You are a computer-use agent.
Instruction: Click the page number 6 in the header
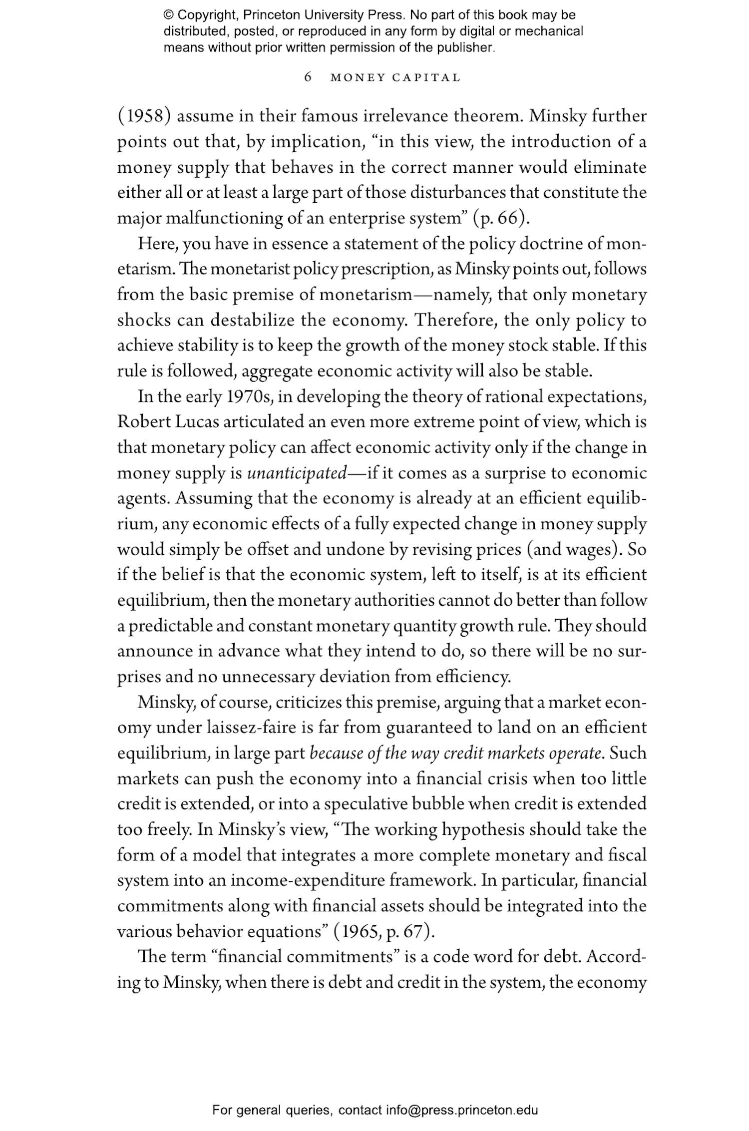(x=308, y=77)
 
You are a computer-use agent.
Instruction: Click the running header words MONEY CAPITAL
(x=395, y=78)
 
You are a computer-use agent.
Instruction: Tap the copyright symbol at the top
(x=168, y=15)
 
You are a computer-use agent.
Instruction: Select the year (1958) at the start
(x=144, y=116)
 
